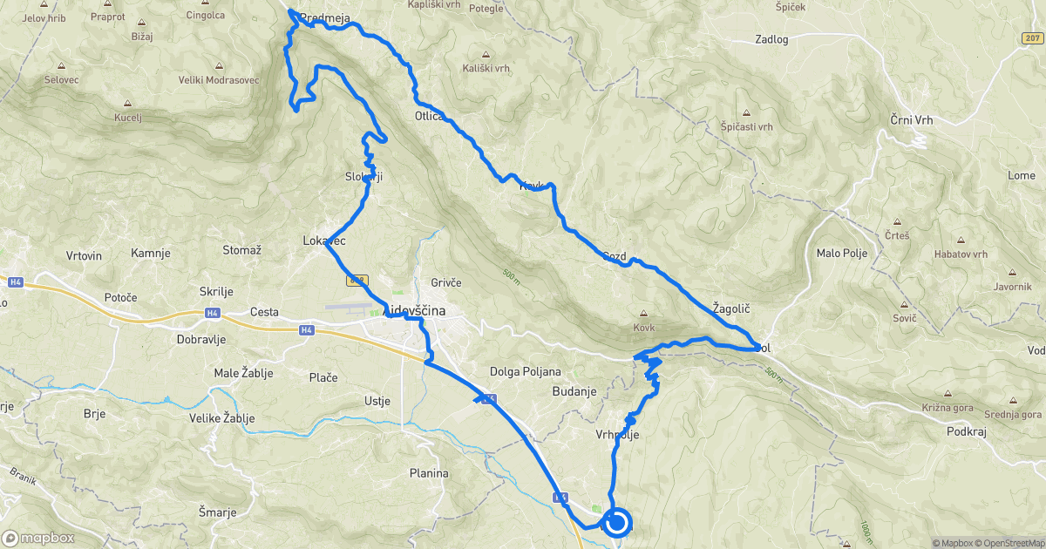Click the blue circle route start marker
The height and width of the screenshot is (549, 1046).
click(617, 523)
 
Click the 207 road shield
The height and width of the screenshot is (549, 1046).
click(1031, 38)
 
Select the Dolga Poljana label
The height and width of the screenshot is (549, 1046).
click(525, 370)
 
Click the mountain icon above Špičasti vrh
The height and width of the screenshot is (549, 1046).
click(747, 113)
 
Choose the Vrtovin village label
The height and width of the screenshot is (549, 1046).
click(84, 255)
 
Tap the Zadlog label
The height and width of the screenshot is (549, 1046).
click(771, 39)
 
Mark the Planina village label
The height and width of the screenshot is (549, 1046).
click(428, 473)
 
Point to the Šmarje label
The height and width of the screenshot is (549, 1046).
click(217, 512)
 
